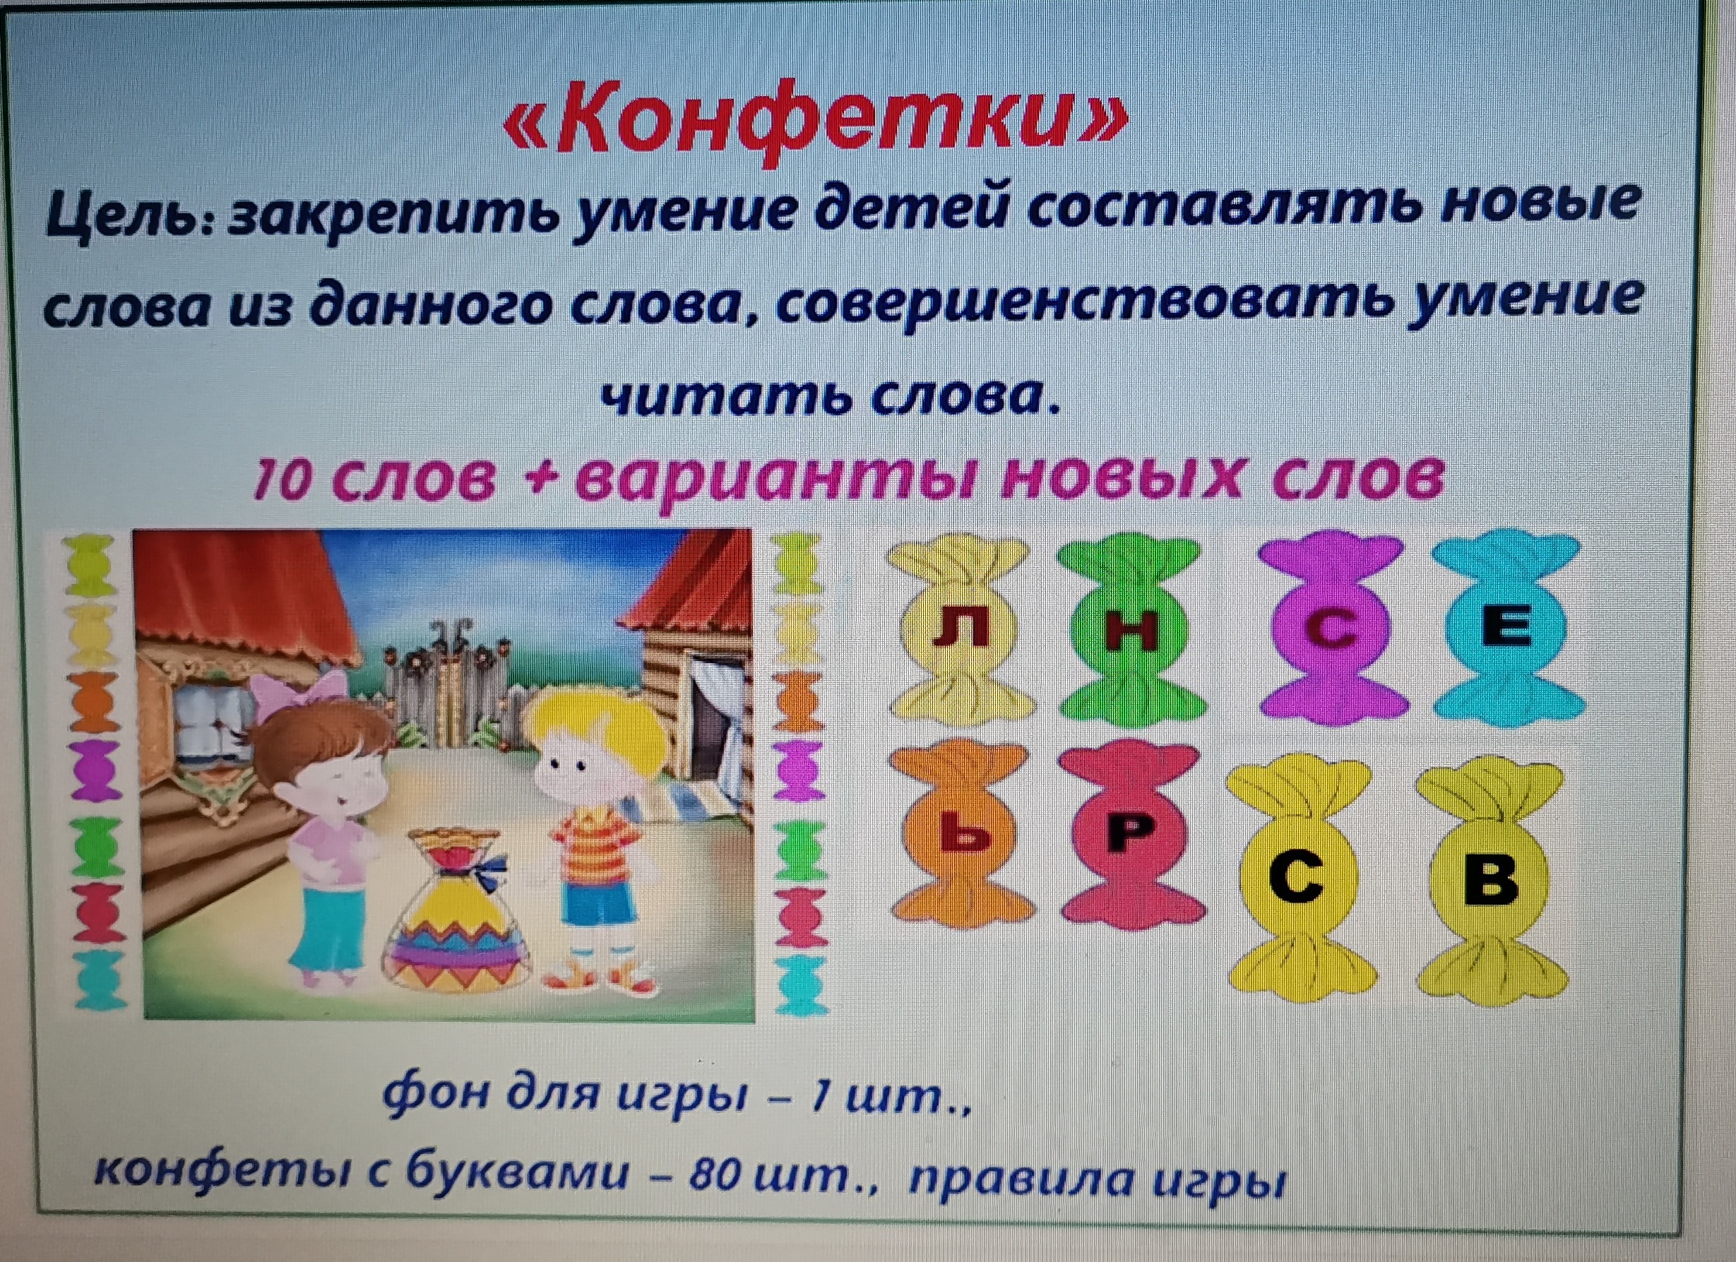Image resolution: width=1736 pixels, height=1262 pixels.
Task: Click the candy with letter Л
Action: [x=957, y=629]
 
